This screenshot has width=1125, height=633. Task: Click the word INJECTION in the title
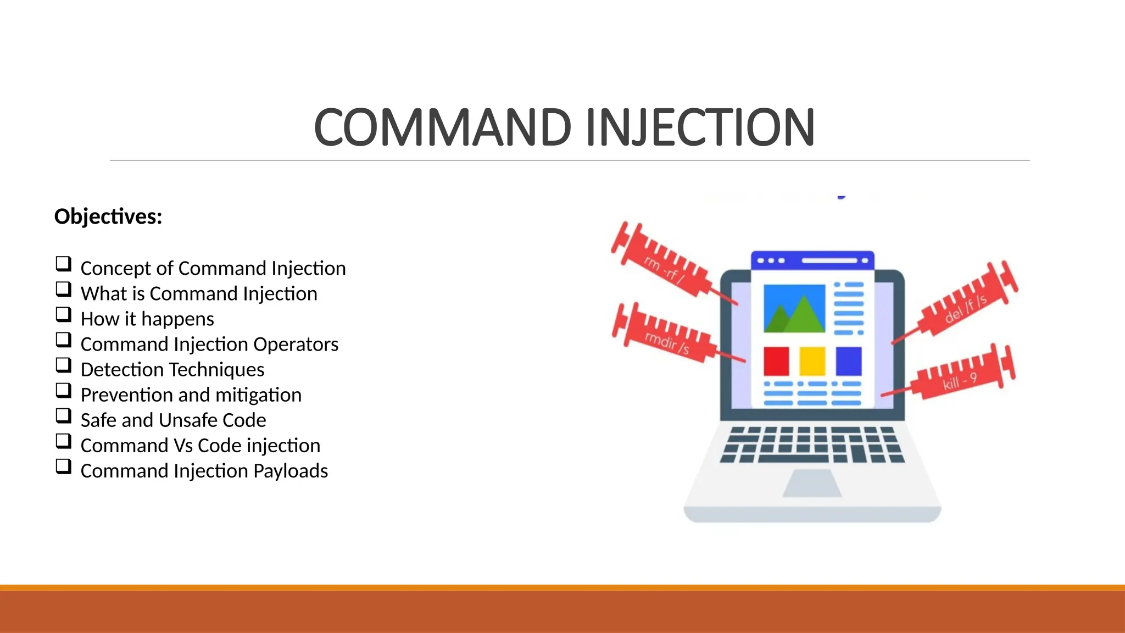(x=700, y=127)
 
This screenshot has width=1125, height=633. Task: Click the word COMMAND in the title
(x=443, y=127)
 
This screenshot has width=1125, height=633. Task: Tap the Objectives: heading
(x=108, y=216)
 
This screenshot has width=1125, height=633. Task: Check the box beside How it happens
(x=64, y=315)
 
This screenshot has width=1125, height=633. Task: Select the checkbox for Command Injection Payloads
(x=64, y=467)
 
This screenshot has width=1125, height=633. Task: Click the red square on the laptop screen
(x=776, y=361)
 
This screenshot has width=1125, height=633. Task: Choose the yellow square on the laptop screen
(x=812, y=361)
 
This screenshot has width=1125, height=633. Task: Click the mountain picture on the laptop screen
(x=794, y=308)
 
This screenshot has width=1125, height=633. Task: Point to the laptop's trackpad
(x=812, y=484)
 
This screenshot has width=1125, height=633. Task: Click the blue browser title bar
(x=812, y=260)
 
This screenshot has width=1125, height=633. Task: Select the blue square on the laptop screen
(x=849, y=361)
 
